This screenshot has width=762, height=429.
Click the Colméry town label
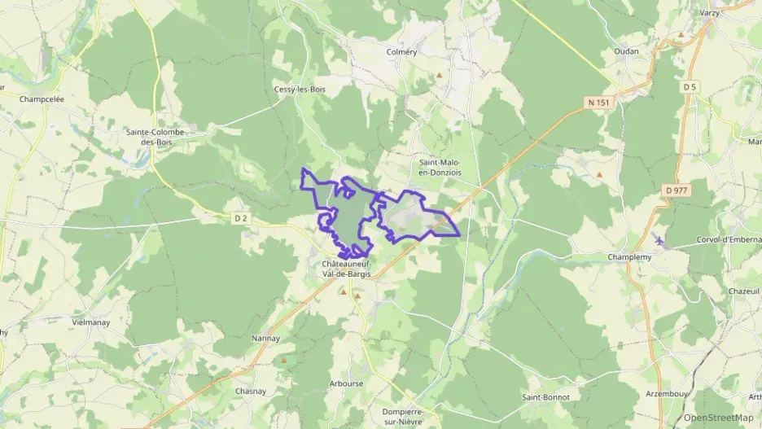click(x=401, y=52)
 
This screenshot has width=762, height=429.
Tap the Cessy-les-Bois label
click(x=299, y=90)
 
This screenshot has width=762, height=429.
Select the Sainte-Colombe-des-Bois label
click(x=155, y=136)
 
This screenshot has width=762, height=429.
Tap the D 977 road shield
click(x=677, y=190)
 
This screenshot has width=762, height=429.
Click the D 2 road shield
click(x=240, y=217)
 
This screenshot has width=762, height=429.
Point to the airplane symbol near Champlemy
click(x=659, y=241)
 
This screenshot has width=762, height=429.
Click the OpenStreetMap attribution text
click(x=718, y=418)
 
